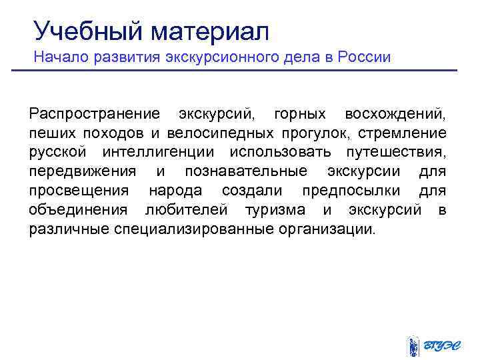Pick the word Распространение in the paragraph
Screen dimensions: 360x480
[x=94, y=114]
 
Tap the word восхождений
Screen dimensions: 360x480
[x=396, y=114]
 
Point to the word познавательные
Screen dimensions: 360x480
[x=246, y=171]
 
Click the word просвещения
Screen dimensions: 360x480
[x=79, y=191]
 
